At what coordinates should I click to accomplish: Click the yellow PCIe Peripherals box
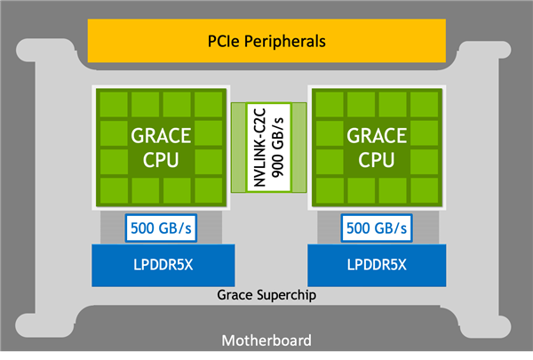point(266,41)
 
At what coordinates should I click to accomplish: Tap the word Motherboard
point(266,340)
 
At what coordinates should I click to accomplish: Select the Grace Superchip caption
point(266,295)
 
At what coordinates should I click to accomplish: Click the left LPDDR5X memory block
point(163,266)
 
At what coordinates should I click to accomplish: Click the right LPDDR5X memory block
point(377,266)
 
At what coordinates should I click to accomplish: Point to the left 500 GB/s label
point(161,228)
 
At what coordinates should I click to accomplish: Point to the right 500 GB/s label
point(377,228)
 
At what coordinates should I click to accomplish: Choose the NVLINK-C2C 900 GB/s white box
point(268,148)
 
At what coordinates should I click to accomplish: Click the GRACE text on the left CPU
point(161,136)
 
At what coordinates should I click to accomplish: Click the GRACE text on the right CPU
point(377,136)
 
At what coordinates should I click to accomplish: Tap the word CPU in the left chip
point(161,160)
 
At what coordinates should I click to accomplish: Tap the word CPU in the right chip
point(377,160)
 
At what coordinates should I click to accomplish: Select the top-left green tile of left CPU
point(114,105)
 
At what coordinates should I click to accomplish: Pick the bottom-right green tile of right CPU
point(425,190)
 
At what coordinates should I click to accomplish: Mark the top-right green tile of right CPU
point(425,105)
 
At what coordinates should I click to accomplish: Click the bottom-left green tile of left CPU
point(114,190)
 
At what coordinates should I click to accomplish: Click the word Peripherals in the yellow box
point(285,42)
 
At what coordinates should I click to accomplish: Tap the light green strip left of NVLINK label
point(239,148)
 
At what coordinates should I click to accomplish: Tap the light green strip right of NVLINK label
point(299,148)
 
